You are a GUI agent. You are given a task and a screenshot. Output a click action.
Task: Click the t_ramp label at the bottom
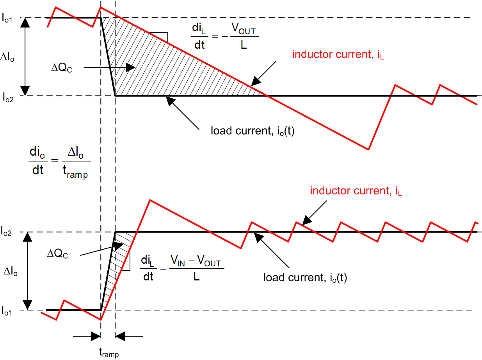[108, 353]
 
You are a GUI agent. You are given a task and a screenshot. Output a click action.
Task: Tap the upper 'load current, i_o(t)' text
[252, 131]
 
